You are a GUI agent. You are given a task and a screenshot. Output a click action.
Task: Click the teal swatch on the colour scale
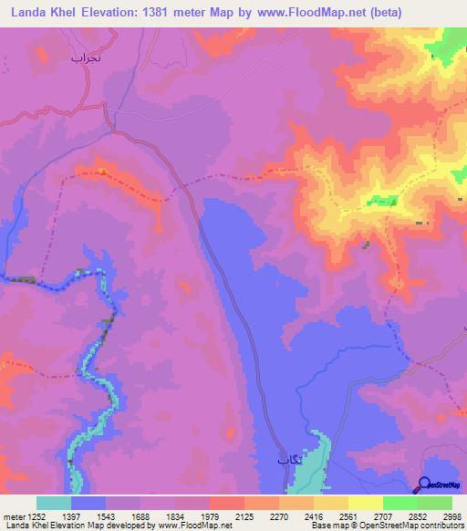(x=54, y=504)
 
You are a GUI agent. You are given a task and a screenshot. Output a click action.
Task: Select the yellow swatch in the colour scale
(x=366, y=504)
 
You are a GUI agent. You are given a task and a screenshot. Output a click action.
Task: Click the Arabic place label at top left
(x=90, y=57)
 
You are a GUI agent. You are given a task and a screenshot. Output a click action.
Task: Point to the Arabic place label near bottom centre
(x=288, y=461)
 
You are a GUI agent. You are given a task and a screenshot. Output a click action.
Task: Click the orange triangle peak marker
(x=103, y=171)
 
